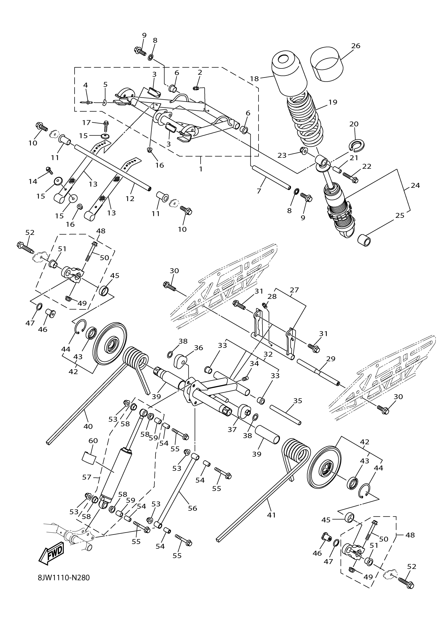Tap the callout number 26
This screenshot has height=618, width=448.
tap(356, 46)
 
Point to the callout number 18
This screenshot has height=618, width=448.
tap(254, 79)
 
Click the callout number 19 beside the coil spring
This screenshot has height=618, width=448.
tap(333, 102)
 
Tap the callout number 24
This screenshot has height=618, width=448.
tap(415, 185)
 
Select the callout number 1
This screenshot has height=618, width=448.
tap(201, 169)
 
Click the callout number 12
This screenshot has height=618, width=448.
tap(130, 199)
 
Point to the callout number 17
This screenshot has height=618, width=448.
tap(86, 123)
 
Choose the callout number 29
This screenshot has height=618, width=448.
tap(330, 359)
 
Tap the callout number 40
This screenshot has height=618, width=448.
tap(88, 426)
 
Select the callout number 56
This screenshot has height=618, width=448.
tap(192, 508)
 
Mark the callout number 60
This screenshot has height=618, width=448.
tap(93, 441)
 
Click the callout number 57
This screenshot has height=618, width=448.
tap(86, 477)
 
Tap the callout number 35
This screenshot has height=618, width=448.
tap(298, 401)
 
